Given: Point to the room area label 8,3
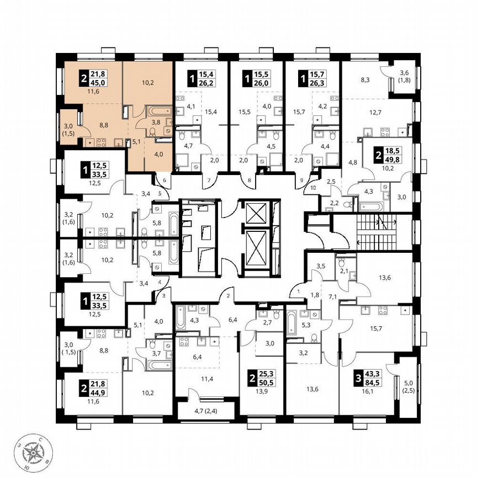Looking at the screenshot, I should click(365, 81).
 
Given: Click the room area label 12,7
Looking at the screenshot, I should click(376, 113).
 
